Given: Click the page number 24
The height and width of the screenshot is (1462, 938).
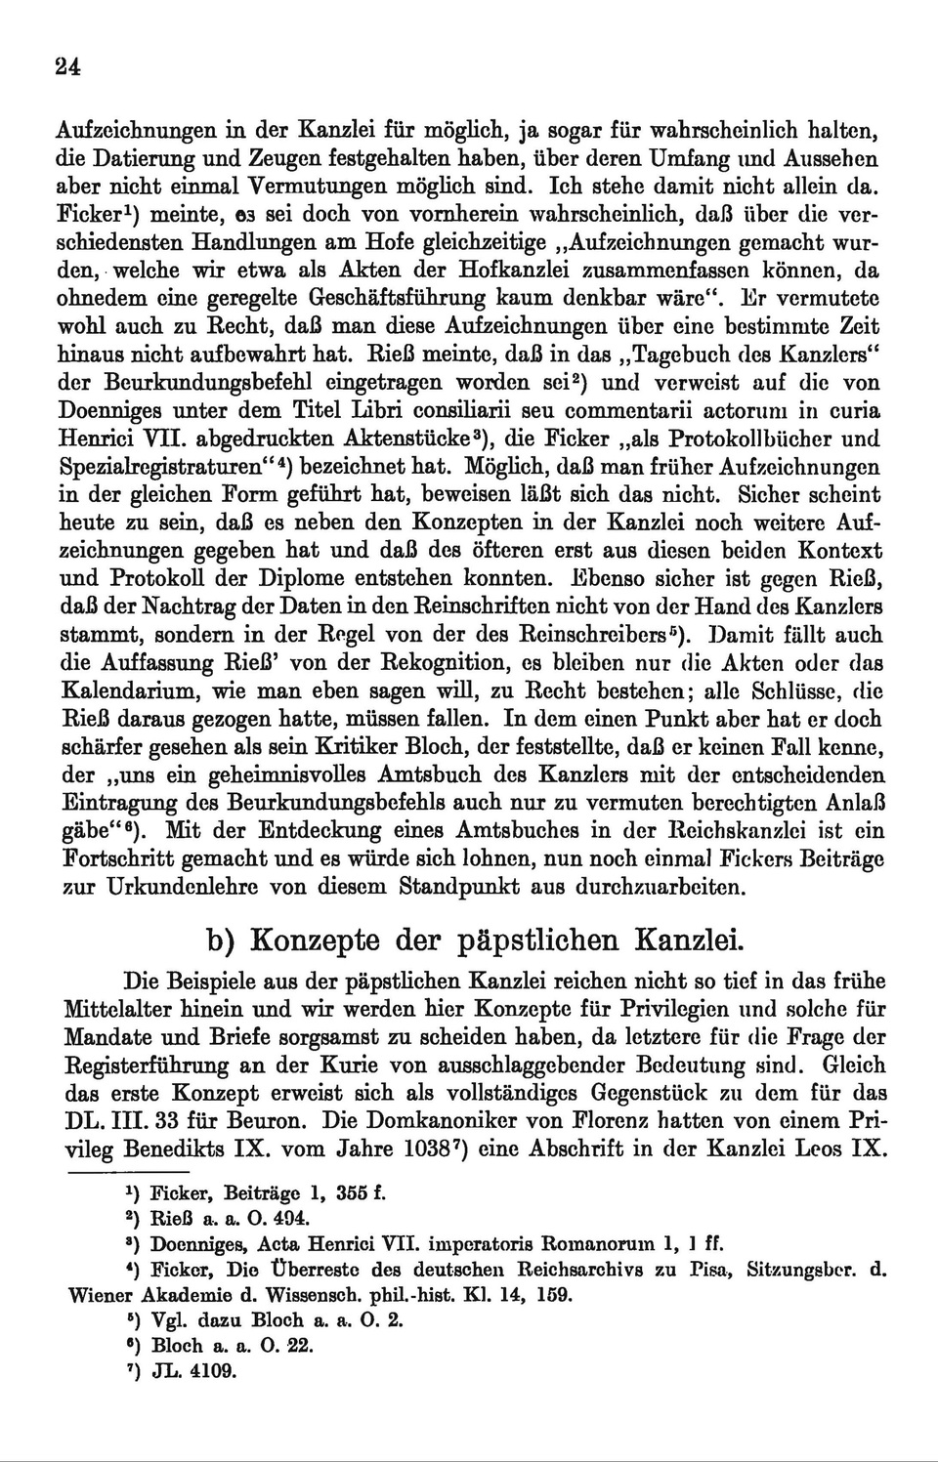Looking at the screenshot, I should coord(67,66).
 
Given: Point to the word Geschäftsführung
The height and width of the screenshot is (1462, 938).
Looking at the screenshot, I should coord(396,298).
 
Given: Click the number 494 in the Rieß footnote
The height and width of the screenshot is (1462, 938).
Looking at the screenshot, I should coord(290,1219).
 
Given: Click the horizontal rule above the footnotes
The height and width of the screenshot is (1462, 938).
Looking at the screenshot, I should coord(126,1168).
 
